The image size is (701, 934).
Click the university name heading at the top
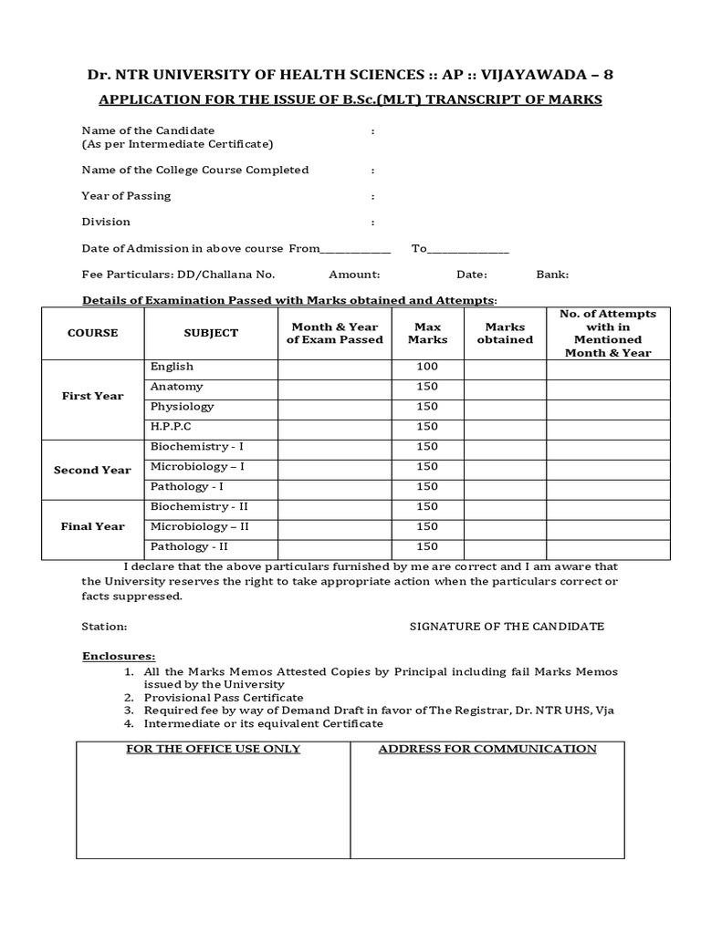[x=350, y=75]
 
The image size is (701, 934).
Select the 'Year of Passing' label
[x=126, y=196]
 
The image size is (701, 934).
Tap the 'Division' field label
[x=106, y=222]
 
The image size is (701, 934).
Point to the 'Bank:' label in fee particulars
[x=552, y=274]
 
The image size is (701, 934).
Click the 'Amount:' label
[x=354, y=274]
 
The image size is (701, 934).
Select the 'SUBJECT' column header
[x=211, y=333]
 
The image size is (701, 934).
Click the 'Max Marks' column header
[x=427, y=333]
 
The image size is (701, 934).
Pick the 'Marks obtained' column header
[x=506, y=333]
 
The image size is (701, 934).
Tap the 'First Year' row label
[x=92, y=396]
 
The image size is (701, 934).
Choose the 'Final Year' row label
[x=92, y=526]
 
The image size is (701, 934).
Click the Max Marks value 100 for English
[x=427, y=367]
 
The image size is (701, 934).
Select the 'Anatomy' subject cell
[x=176, y=387]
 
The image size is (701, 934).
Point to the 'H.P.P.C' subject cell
[x=171, y=426]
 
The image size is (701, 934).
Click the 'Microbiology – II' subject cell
[x=200, y=526]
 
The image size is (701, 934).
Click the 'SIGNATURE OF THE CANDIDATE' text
[x=506, y=627]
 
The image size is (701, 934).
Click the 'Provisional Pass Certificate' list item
[x=224, y=697]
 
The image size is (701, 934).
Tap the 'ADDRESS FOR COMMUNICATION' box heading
[x=487, y=749]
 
